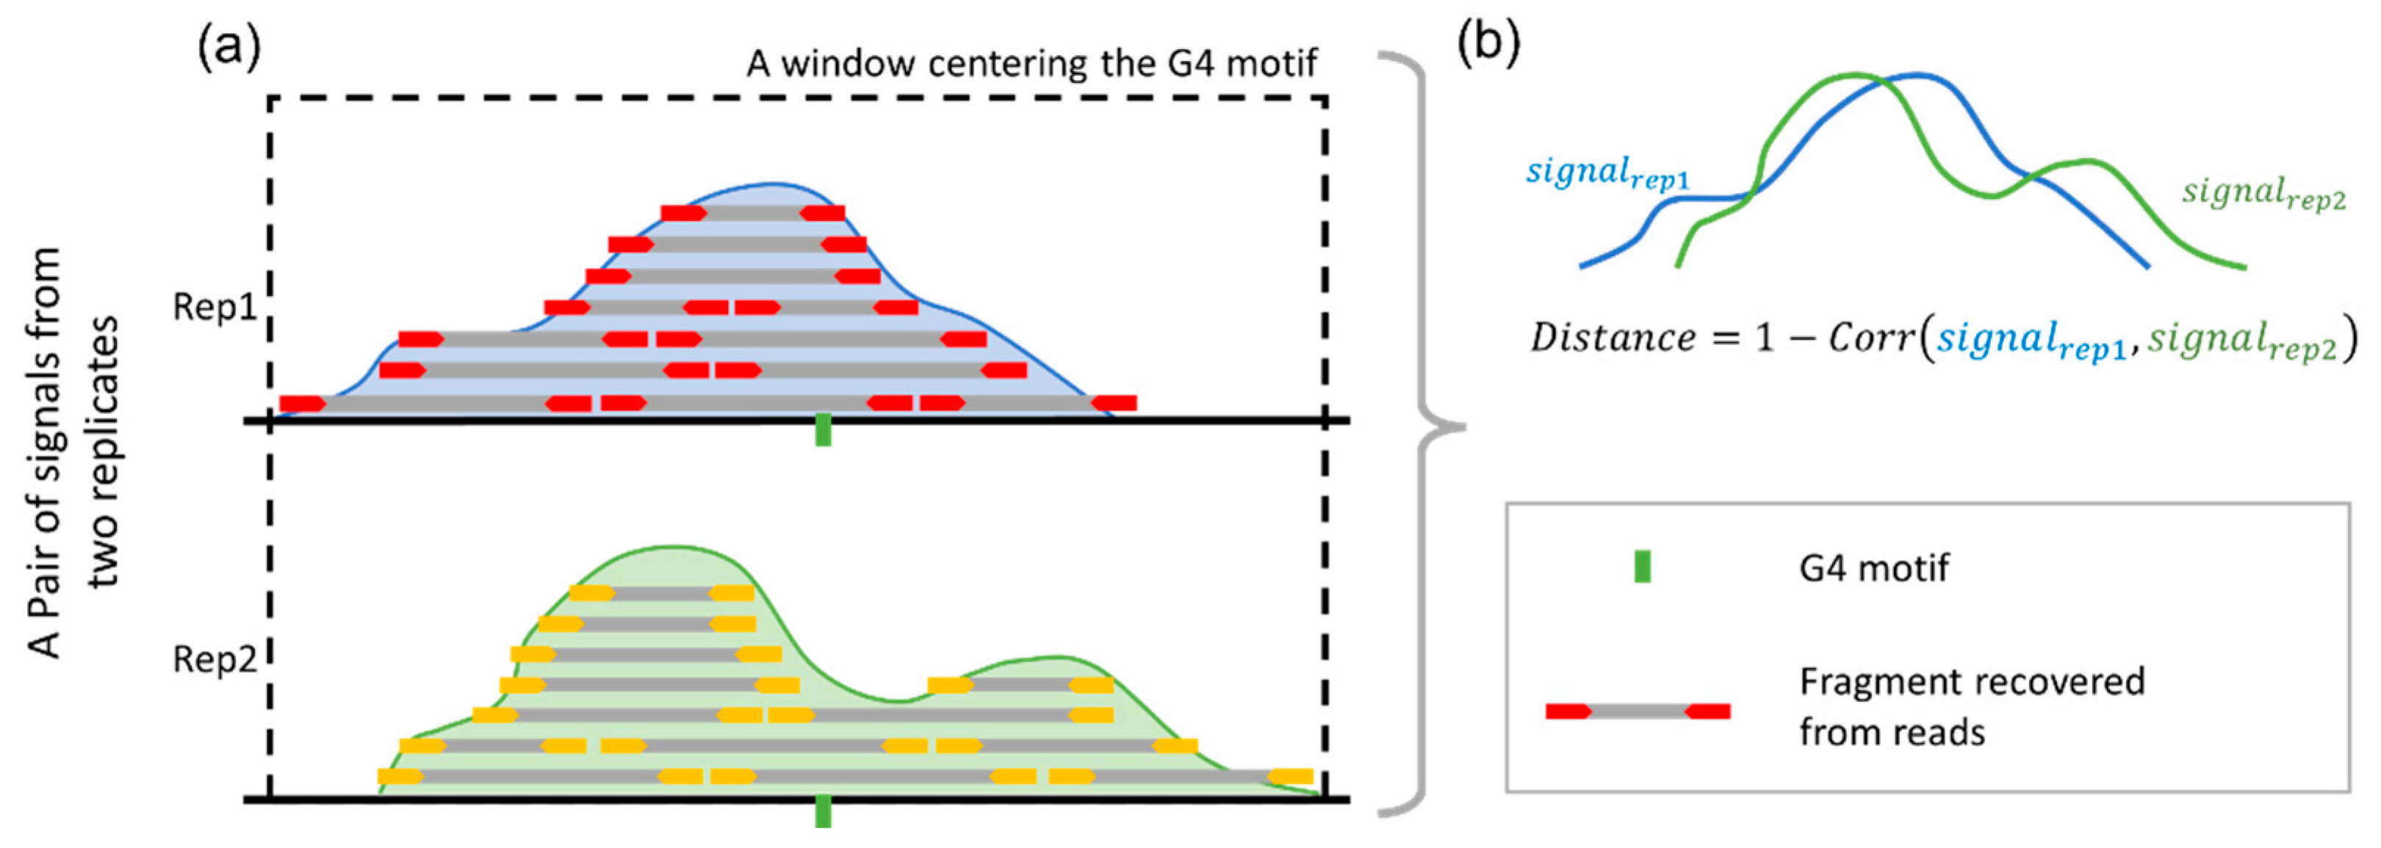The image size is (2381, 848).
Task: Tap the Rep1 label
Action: pyautogui.click(x=215, y=307)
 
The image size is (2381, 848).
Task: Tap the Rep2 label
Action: pyautogui.click(x=215, y=659)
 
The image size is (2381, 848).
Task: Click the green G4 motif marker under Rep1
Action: pyautogui.click(x=823, y=430)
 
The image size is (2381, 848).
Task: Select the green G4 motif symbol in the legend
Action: pyautogui.click(x=1643, y=566)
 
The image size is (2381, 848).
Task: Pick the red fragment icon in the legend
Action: pyautogui.click(x=1638, y=711)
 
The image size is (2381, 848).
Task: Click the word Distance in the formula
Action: pyautogui.click(x=1612, y=338)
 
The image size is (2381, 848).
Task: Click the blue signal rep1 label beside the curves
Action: pyautogui.click(x=1607, y=174)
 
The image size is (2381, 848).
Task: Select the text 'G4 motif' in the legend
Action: pyautogui.click(x=1873, y=568)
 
